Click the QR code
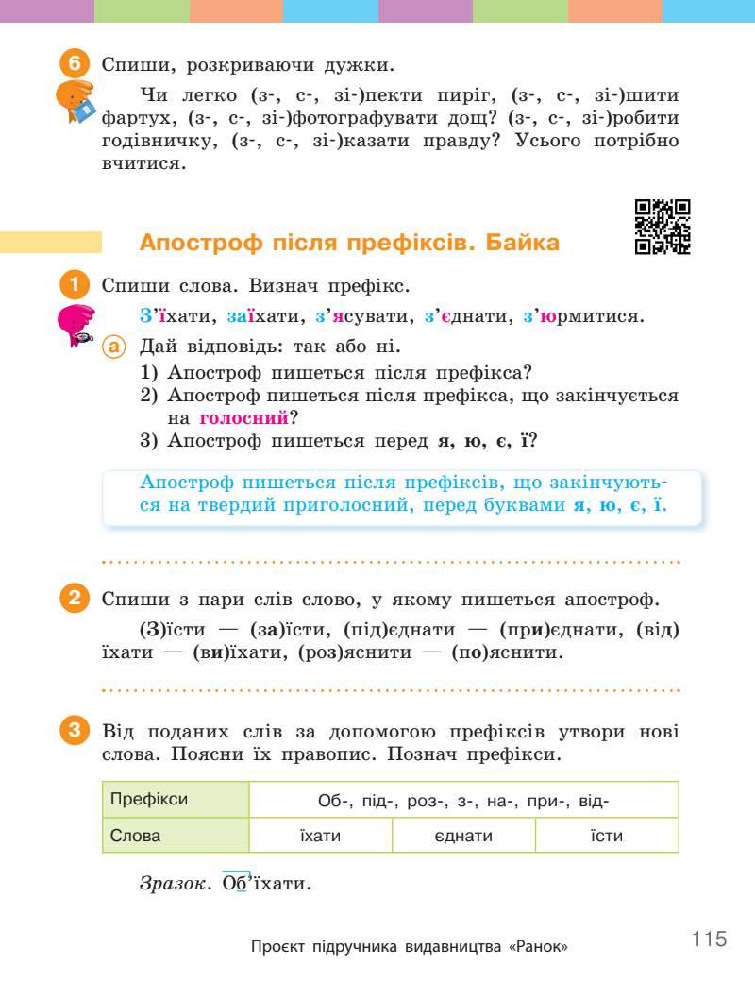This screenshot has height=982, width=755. click(x=663, y=228)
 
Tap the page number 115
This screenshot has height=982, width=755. click(x=709, y=940)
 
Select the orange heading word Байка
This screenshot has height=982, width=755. click(x=522, y=243)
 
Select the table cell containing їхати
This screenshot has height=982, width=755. click(x=320, y=836)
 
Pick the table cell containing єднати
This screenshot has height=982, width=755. click(x=462, y=836)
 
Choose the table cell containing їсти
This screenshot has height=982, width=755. click(x=606, y=836)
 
